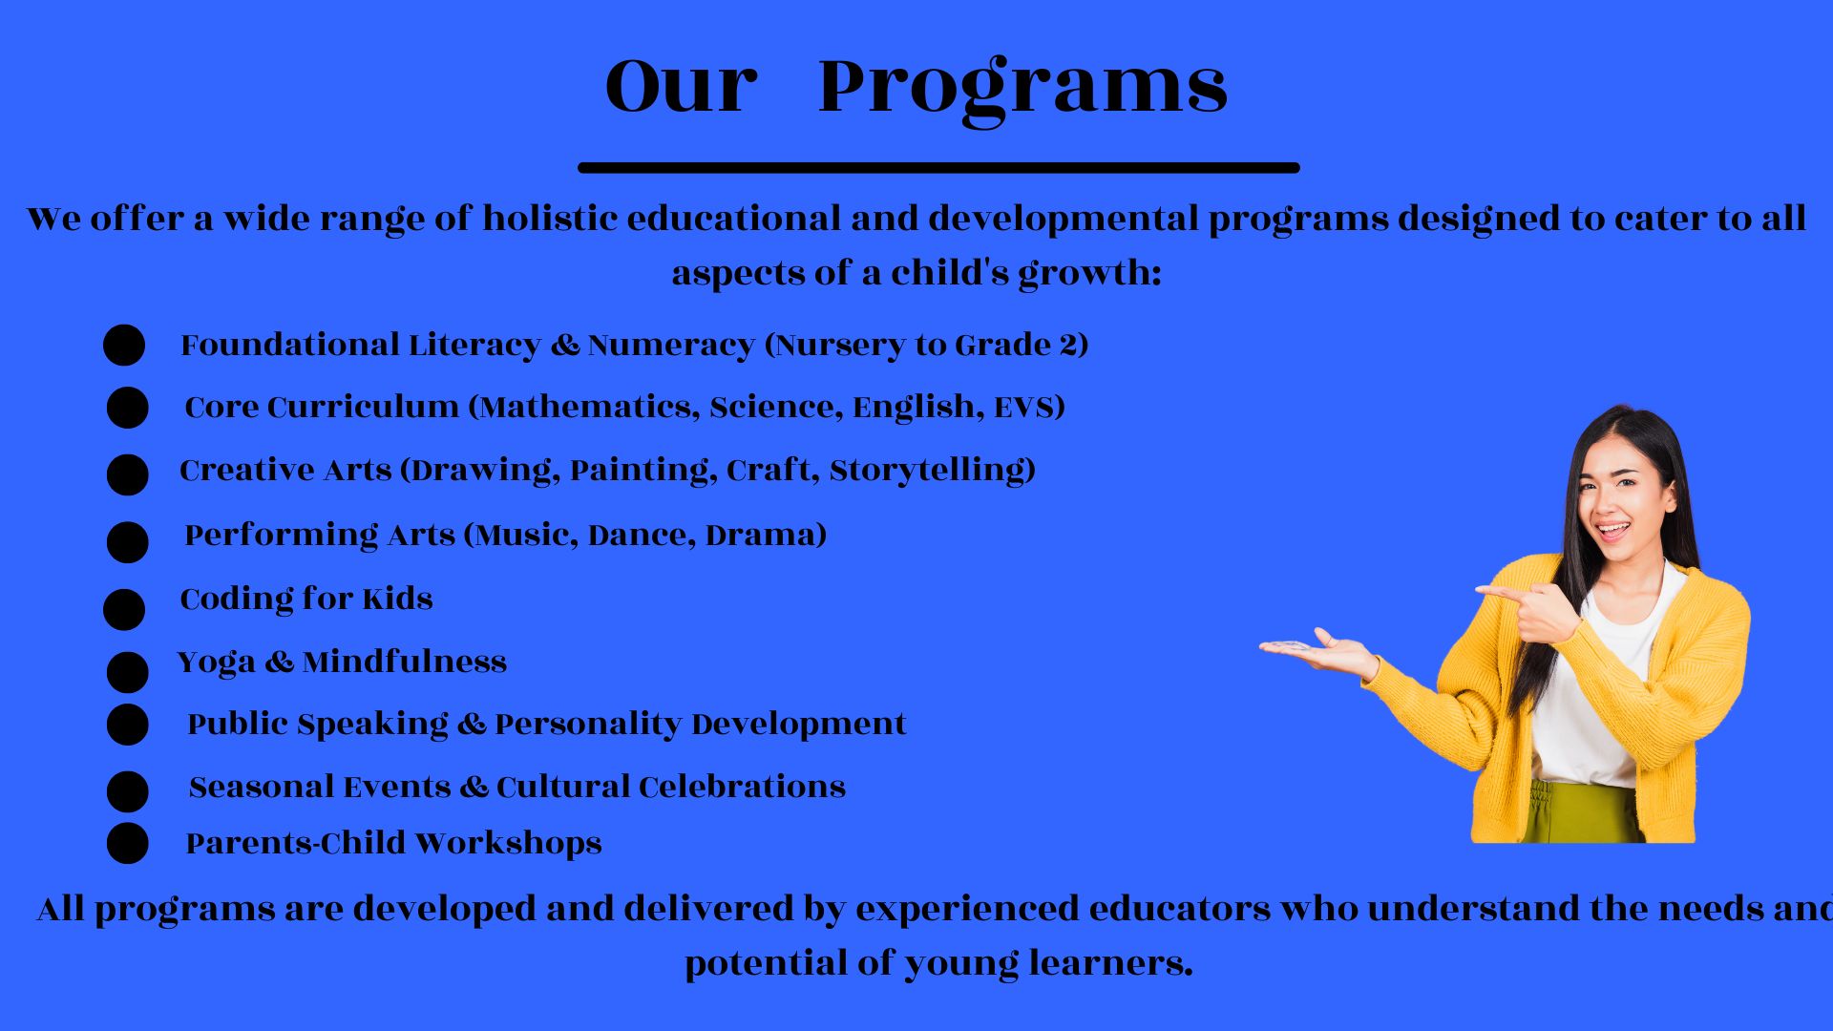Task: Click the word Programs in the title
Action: coord(1022,88)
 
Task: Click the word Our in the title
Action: coord(681,87)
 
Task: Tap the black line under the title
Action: coord(938,168)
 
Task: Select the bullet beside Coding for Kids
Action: coord(124,609)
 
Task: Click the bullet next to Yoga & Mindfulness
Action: coord(128,672)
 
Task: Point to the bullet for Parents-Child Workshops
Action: coord(128,843)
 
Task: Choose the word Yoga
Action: coord(217,663)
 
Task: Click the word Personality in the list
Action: coord(587,725)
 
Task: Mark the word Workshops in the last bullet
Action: coord(509,844)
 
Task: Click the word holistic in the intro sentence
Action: coord(550,219)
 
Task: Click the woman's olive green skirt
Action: coord(1580,812)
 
